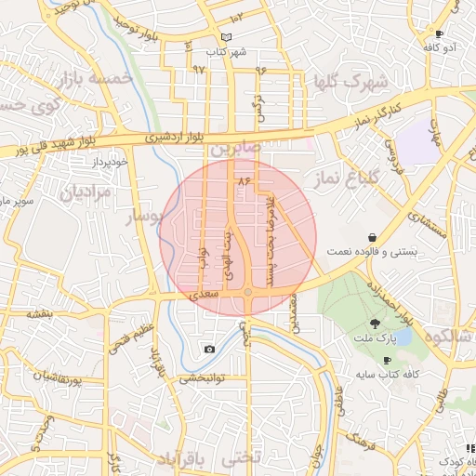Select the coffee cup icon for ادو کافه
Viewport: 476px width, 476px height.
[x=439, y=34]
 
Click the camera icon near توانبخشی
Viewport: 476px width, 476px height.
[x=209, y=350]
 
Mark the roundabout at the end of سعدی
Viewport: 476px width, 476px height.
[x=248, y=294]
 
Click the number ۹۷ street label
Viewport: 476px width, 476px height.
[x=198, y=69]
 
